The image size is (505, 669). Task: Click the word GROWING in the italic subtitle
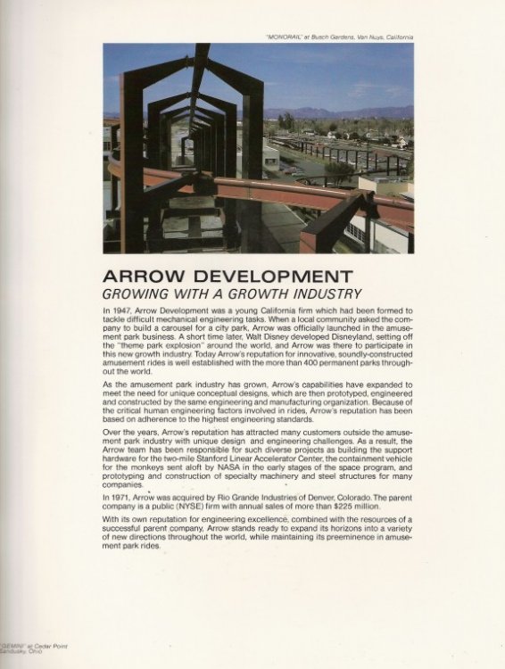click(143, 293)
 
